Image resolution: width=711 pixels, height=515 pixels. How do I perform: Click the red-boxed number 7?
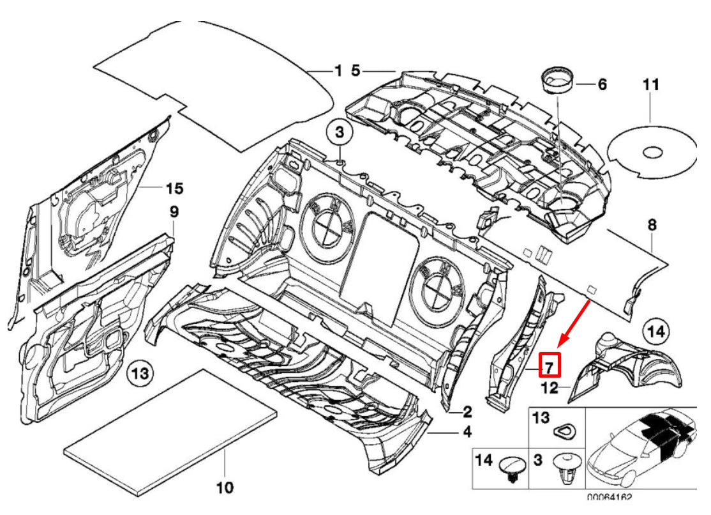(549, 365)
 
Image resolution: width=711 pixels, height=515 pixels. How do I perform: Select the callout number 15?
(174, 188)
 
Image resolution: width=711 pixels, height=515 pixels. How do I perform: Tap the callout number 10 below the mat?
(225, 488)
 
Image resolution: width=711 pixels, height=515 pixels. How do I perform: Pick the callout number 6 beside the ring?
(601, 84)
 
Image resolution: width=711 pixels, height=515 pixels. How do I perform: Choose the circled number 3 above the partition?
(340, 133)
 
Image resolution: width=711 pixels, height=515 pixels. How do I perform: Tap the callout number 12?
(550, 387)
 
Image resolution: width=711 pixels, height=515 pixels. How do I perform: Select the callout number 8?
(652, 225)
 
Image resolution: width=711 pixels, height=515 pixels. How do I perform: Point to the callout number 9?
(174, 211)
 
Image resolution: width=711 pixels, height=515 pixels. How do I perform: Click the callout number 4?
(467, 433)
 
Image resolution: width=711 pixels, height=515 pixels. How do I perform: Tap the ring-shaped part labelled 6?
(557, 80)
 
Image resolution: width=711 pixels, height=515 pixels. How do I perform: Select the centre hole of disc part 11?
(653, 153)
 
